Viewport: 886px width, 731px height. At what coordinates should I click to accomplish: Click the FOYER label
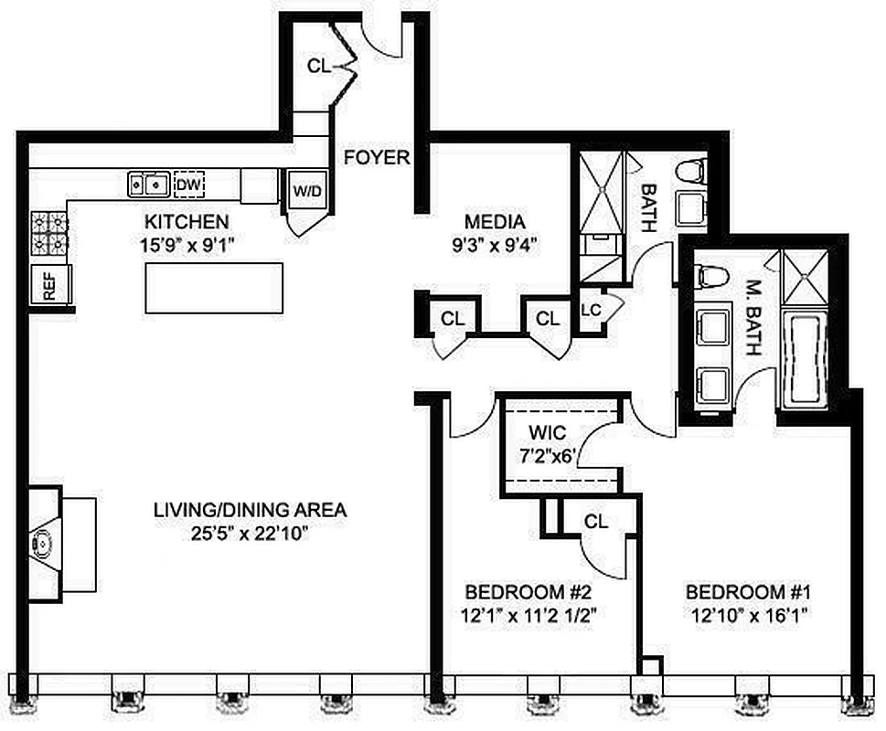[x=377, y=158]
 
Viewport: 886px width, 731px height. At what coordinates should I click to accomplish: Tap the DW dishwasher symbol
[x=187, y=185]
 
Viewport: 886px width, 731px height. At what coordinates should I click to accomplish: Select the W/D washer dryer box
[x=305, y=192]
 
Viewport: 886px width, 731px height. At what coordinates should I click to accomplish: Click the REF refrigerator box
[x=46, y=287]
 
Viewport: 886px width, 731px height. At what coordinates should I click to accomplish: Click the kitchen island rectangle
[x=213, y=288]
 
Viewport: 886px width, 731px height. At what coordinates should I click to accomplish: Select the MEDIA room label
[x=495, y=222]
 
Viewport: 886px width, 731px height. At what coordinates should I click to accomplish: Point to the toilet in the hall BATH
[x=690, y=171]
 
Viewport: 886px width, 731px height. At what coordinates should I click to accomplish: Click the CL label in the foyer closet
[x=319, y=66]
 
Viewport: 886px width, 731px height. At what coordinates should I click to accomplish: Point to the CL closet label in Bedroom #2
[x=596, y=522]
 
